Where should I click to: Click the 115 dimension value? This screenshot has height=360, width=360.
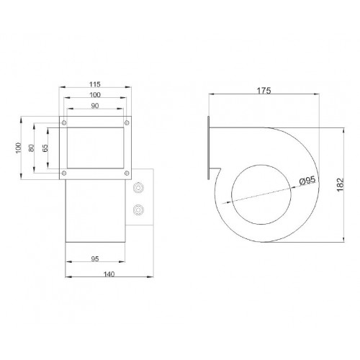coord(95,84)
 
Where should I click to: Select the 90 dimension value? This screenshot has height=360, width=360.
coord(95,106)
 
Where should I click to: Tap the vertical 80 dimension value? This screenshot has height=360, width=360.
coord(32,148)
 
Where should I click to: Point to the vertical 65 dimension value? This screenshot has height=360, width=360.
coord(45,148)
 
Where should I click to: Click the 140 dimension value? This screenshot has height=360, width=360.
coord(109,274)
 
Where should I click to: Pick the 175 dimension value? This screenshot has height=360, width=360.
coord(264,91)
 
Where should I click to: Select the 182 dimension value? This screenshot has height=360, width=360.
coord(341,184)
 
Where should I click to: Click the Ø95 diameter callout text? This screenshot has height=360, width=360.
coord(307,181)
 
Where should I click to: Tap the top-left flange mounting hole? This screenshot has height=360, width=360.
coord(64,123)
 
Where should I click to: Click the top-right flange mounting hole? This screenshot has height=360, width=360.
coord(127,123)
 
